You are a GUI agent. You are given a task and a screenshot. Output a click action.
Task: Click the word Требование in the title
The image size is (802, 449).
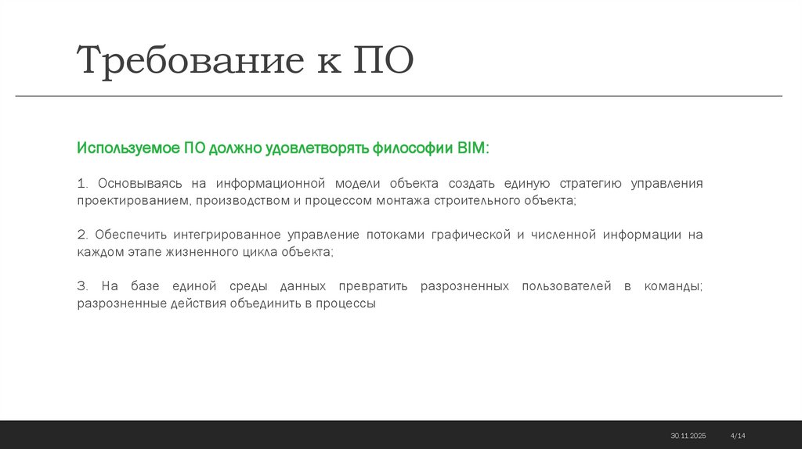pyautogui.click(x=189, y=61)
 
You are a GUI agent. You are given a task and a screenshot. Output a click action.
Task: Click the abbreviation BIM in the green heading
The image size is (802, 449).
pyautogui.click(x=472, y=148)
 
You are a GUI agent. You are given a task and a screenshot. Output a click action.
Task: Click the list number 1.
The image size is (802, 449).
pyautogui.click(x=81, y=184)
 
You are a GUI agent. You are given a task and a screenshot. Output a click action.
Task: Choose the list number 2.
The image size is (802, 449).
pyautogui.click(x=81, y=235)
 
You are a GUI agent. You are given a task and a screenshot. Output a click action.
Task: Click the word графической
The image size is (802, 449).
pyautogui.click(x=468, y=235)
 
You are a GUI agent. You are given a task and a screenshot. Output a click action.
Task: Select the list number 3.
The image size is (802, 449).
pyautogui.click(x=81, y=286)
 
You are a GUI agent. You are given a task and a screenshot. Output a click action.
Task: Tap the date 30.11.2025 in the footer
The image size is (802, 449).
pyautogui.click(x=688, y=435)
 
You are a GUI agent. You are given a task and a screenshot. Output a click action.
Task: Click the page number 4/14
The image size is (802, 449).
pyautogui.click(x=738, y=435)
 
